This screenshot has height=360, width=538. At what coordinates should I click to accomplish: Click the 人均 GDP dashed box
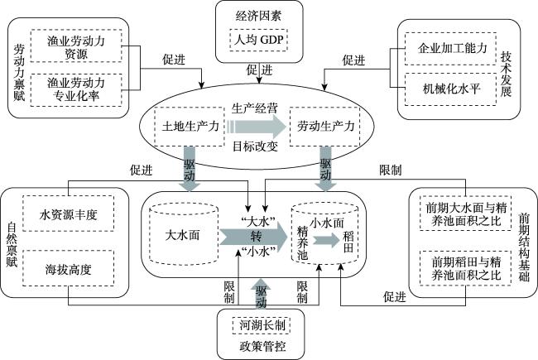pyautogui.click(x=258, y=41)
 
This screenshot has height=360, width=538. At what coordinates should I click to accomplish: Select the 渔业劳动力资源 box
pyautogui.click(x=76, y=46)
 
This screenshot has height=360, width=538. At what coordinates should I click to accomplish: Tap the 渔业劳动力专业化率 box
pyautogui.click(x=76, y=90)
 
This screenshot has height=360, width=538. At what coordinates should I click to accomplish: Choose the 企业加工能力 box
pyautogui.click(x=450, y=49)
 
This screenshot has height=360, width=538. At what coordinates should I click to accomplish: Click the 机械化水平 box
pyautogui.click(x=450, y=89)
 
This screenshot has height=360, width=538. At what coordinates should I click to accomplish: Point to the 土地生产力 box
pyautogui.click(x=190, y=127)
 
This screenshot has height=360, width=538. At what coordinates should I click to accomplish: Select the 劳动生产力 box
pyautogui.click(x=324, y=127)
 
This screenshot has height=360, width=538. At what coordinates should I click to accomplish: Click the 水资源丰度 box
pyautogui.click(x=68, y=214)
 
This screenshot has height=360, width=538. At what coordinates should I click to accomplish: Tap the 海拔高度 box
pyautogui.click(x=68, y=268)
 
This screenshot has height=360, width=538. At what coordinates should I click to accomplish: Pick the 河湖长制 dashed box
pyautogui.click(x=262, y=324)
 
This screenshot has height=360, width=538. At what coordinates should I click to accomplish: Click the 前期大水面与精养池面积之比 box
pyautogui.click(x=466, y=214)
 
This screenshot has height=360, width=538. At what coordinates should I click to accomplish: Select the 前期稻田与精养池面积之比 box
pyautogui.click(x=466, y=268)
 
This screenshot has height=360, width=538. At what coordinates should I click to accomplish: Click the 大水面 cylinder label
pyautogui.click(x=182, y=235)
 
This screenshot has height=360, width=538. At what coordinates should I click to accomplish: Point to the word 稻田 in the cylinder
pyautogui.click(x=348, y=242)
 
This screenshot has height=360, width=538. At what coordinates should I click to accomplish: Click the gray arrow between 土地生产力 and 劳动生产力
pyautogui.click(x=256, y=127)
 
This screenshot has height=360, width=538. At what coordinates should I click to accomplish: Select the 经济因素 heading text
pyautogui.click(x=258, y=16)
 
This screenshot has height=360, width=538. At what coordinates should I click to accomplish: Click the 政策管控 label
pyautogui.click(x=262, y=346)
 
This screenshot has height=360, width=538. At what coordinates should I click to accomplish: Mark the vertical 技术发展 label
pyautogui.click(x=506, y=74)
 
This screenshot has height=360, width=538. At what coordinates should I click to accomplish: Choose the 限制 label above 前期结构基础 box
pyautogui.click(x=390, y=170)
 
